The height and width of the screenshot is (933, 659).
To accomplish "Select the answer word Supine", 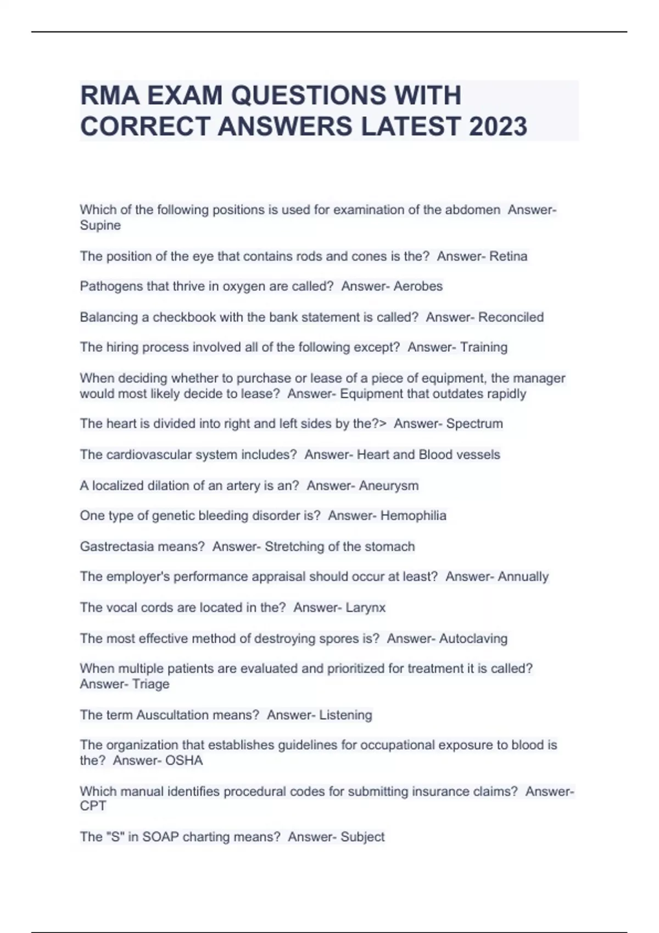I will pyautogui.click(x=100, y=226).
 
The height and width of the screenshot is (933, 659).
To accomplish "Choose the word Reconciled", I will pyautogui.click(x=511, y=317).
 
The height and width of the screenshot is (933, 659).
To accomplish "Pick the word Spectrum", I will pyautogui.click(x=474, y=424).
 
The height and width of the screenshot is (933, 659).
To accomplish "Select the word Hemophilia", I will pyautogui.click(x=413, y=516).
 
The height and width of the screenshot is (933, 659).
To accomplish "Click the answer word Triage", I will pyautogui.click(x=150, y=684).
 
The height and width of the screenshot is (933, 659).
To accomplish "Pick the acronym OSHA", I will pyautogui.click(x=184, y=761).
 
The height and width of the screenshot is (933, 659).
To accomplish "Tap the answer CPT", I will pyautogui.click(x=93, y=806).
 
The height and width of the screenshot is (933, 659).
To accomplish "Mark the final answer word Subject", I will pyautogui.click(x=362, y=837).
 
